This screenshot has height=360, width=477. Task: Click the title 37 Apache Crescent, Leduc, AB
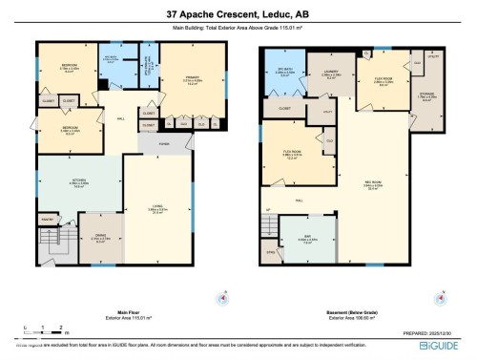pos(238,14)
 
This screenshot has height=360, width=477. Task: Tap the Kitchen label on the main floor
pos(80,185)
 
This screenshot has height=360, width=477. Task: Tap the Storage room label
pos(427,95)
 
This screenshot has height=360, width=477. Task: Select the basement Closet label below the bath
pos(284,109)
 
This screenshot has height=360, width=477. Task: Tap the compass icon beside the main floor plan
pos(224,297)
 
